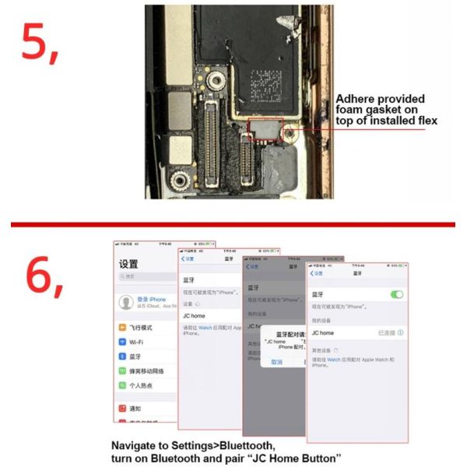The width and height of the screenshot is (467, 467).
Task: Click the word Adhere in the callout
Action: tap(355, 99)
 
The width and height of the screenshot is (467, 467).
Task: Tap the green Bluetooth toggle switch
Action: tap(397, 294)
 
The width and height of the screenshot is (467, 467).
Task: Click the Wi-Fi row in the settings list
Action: tap(136, 342)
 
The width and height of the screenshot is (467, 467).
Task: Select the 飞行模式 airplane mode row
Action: tap(140, 328)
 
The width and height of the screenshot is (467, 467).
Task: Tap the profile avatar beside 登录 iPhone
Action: tap(125, 302)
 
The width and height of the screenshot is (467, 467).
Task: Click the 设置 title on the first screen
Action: tap(129, 265)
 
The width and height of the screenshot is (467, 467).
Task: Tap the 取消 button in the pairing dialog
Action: tap(276, 362)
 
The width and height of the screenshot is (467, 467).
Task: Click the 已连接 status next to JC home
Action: tap(386, 332)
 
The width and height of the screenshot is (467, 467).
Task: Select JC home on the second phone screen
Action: tap(195, 316)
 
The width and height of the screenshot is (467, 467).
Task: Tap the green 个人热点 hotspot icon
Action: tap(122, 384)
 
